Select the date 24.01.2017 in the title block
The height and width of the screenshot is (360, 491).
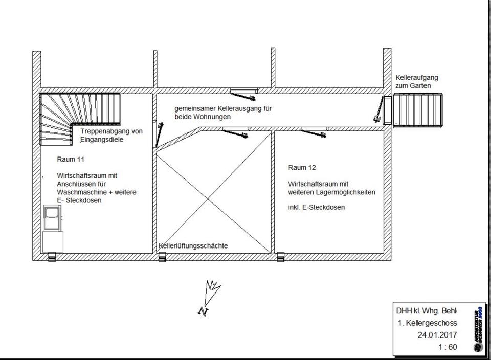[x=437, y=335]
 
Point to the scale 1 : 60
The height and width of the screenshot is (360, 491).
[x=448, y=347]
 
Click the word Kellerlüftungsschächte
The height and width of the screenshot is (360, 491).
[x=193, y=246]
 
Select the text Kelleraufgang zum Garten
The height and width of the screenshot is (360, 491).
[x=416, y=82]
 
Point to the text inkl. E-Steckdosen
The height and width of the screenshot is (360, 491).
[x=316, y=207]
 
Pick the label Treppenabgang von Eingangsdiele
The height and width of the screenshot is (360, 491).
[x=111, y=135]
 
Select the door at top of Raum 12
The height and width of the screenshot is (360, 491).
[x=313, y=131]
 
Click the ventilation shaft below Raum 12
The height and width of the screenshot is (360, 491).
[x=280, y=258]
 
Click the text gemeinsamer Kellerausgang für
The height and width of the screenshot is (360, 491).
[x=222, y=108]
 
